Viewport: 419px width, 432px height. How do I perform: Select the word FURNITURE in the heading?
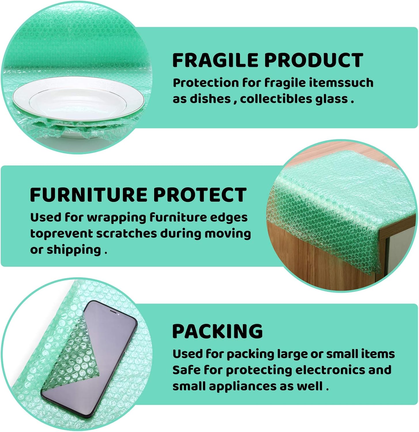(88, 195)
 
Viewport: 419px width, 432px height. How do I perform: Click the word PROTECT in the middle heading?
(200, 195)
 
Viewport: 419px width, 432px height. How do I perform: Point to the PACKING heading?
(217, 331)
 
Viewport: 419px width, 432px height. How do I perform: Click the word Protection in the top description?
(206, 83)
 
